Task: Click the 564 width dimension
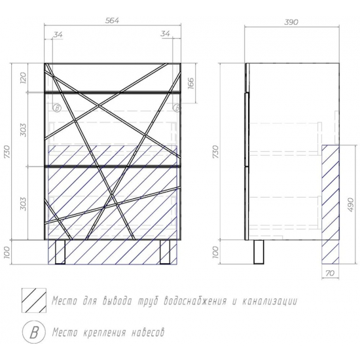(113, 21)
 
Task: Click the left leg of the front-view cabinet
(61, 251)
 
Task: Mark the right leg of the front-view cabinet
(166, 251)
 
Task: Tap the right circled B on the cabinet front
(175, 107)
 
